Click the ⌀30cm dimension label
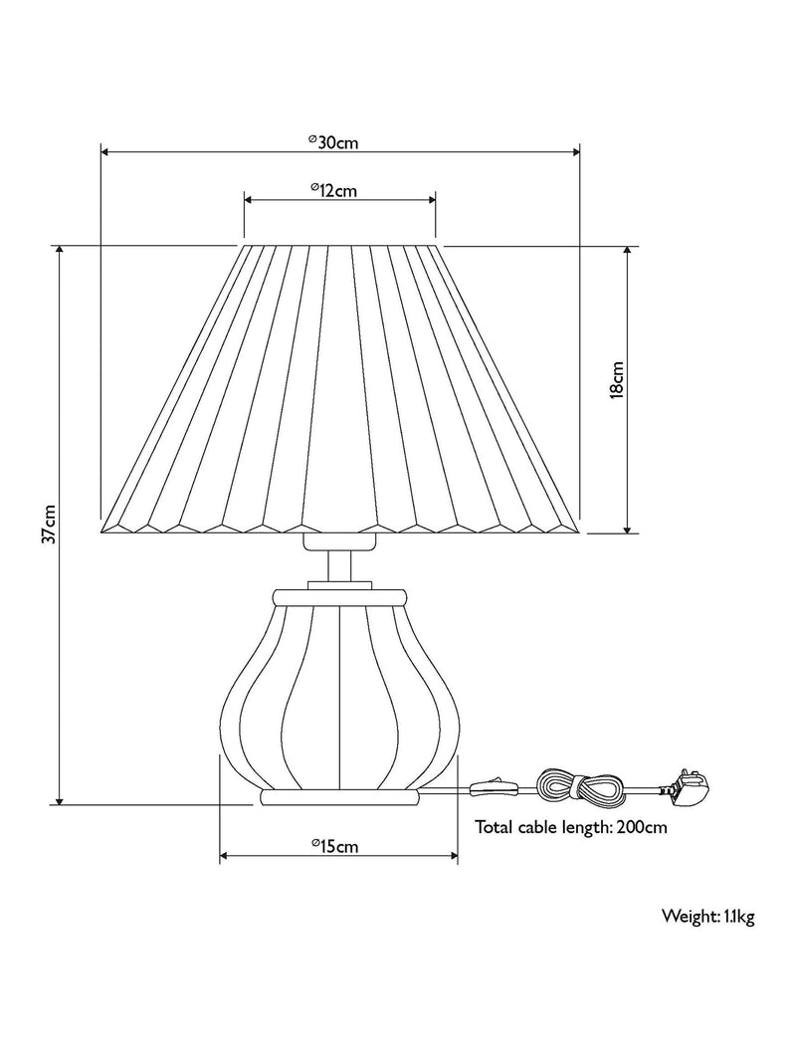click(332, 142)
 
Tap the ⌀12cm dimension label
click(333, 190)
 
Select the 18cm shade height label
click(617, 381)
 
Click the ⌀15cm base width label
click(335, 846)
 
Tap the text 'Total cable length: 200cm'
click(571, 827)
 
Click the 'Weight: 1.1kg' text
click(708, 917)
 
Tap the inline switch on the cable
click(495, 787)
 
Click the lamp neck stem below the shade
click(339, 566)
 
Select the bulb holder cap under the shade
click(339, 541)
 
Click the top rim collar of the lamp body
click(340, 597)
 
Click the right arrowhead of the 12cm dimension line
click(431, 200)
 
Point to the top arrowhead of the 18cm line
click(628, 251)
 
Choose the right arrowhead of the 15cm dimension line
click(454, 856)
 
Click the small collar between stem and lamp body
click(339, 585)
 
